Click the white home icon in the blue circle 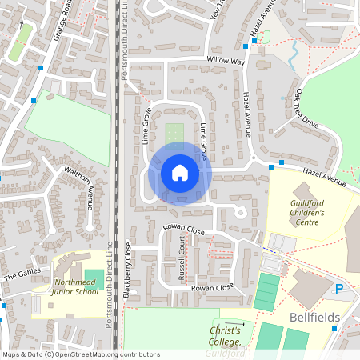[x=179, y=173]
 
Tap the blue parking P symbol [x=339, y=290]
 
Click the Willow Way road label [x=226, y=61]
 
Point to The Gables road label [x=21, y=276]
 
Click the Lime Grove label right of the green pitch [x=203, y=139]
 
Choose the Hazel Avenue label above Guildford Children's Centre [x=323, y=178]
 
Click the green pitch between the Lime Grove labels [x=174, y=133]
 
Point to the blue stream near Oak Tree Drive [x=294, y=54]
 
